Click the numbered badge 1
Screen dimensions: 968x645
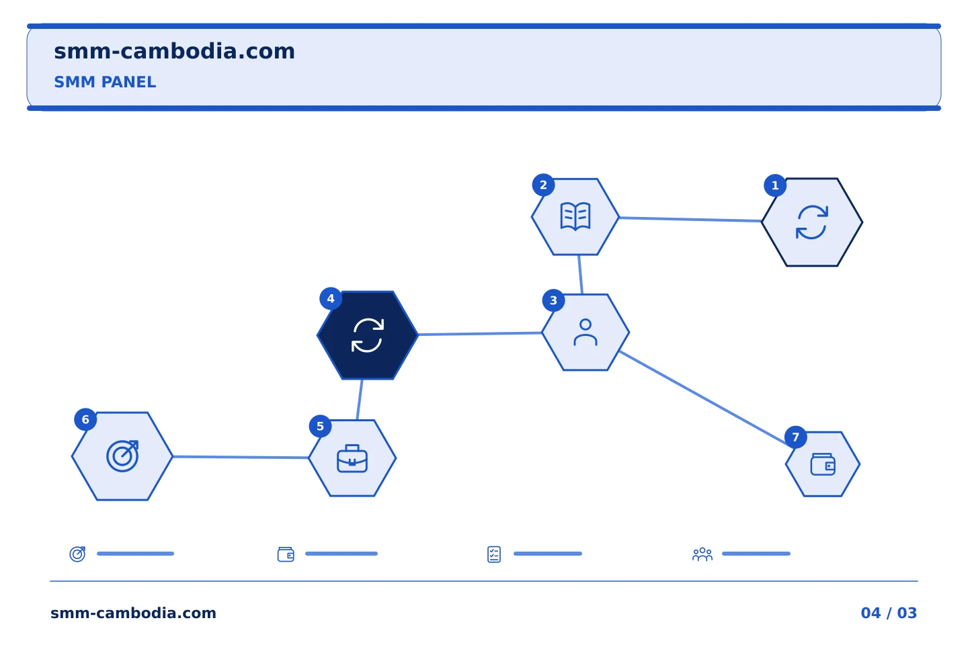775,185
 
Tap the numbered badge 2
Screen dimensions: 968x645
543,185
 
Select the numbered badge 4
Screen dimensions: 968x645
331,298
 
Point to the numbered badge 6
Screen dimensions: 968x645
85,419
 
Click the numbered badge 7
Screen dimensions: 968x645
796,437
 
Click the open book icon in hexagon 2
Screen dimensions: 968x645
575,216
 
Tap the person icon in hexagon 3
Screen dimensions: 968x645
586,332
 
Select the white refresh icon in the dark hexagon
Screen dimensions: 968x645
368,335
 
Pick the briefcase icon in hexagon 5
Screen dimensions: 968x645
352,458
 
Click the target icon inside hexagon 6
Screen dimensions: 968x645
123,456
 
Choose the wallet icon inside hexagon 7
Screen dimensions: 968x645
823,464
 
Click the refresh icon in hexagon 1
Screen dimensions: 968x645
812,222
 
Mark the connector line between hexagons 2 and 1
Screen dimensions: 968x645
690,220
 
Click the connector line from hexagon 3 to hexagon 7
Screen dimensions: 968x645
705,399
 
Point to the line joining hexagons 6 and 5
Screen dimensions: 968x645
241,457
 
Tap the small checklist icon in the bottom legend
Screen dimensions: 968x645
494,554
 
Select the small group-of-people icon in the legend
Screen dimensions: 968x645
702,554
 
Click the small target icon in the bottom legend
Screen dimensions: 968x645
78,554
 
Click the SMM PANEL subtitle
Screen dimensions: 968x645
105,82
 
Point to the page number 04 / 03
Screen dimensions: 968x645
889,613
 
